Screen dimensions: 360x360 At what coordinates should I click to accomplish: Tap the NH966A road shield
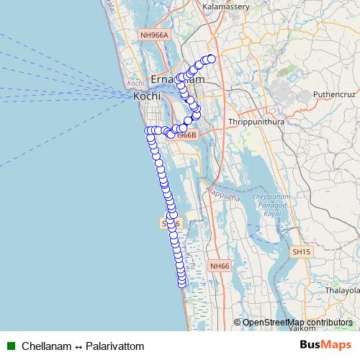[154, 35]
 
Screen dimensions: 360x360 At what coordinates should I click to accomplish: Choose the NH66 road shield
[220, 266]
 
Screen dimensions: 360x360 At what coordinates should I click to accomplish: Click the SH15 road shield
[301, 252]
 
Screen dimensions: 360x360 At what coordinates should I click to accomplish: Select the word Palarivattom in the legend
[115, 346]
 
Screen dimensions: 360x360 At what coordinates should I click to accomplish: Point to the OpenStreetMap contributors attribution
[297, 323]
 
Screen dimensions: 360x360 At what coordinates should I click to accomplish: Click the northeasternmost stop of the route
[212, 59]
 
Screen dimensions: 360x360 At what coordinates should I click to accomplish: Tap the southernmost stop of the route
[182, 282]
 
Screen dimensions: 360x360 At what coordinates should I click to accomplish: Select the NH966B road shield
[185, 135]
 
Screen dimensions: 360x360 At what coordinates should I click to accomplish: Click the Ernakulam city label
[176, 78]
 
